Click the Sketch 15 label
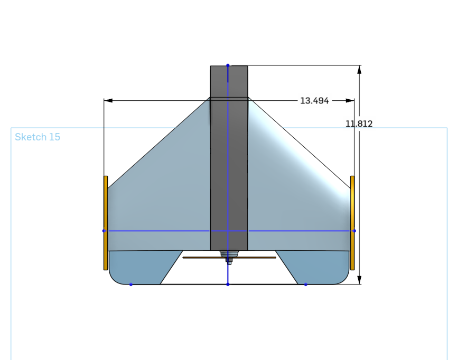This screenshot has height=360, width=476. point(38,137)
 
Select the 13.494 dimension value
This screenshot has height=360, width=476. point(314,100)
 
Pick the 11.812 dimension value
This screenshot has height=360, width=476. point(359,124)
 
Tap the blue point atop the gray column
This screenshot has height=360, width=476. point(228,65)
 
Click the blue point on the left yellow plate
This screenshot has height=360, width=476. point(104,231)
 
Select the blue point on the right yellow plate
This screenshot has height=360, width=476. point(354,231)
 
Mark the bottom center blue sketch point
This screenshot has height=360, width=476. point(228,285)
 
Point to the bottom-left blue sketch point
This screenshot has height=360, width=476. point(131,285)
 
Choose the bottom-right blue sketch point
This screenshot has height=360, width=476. point(306,285)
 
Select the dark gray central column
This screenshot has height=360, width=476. point(229,158)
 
